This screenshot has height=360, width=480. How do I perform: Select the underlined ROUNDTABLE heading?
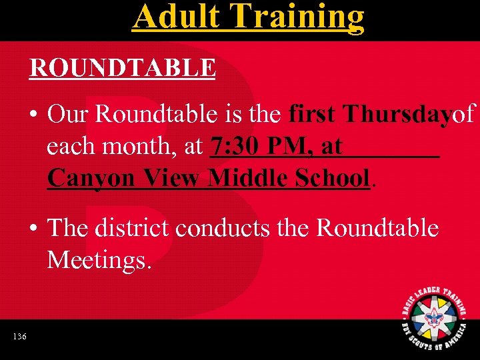(x=122, y=68)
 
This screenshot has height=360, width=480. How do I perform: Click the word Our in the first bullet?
(x=69, y=115)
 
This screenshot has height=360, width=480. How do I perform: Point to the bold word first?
(x=313, y=115)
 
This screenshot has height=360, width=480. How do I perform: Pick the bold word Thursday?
(x=397, y=115)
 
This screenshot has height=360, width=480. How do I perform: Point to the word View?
(x=170, y=178)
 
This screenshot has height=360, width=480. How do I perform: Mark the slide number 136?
(x=19, y=337)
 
